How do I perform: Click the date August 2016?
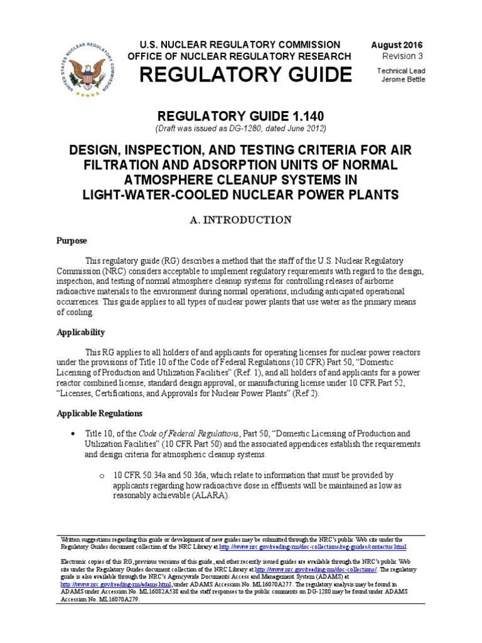(x=397, y=45)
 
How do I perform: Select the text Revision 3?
(x=403, y=57)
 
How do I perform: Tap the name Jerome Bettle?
(x=401, y=79)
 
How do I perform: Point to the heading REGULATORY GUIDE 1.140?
(x=240, y=117)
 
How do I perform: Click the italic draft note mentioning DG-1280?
(x=240, y=129)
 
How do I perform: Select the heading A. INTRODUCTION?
(x=240, y=220)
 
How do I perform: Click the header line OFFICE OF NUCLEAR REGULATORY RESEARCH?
(x=239, y=57)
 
